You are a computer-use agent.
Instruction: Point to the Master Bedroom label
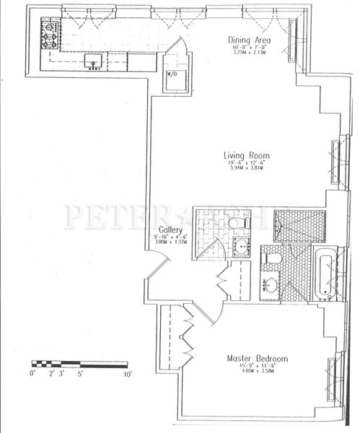coord(257,359)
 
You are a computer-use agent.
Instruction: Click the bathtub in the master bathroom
coord(324,274)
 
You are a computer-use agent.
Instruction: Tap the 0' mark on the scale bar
coord(32,375)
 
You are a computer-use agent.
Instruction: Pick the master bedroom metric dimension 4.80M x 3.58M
coord(257,375)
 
